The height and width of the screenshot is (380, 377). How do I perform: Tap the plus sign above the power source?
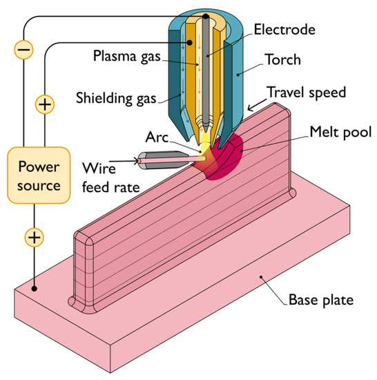(x=45, y=105)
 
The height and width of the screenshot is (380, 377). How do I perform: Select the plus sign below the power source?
(x=34, y=238)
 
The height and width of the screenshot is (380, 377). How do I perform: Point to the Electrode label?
(x=283, y=30)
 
